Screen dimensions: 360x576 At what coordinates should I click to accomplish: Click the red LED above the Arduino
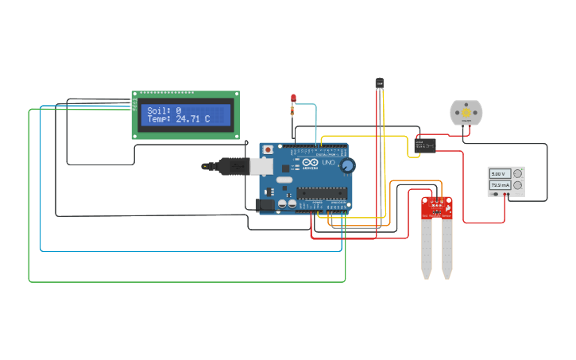pyautogui.click(x=293, y=98)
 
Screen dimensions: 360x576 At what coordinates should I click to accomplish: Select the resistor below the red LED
pyautogui.click(x=293, y=110)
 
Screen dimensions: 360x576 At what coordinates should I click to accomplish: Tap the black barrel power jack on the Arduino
pyautogui.click(x=265, y=205)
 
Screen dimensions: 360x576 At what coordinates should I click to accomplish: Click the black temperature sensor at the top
pyautogui.click(x=379, y=82)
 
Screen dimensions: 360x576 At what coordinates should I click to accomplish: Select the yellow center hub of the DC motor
pyautogui.click(x=466, y=113)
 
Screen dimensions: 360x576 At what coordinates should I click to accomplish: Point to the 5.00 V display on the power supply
pyautogui.click(x=498, y=173)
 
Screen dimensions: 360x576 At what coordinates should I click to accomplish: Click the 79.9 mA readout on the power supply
pyautogui.click(x=499, y=185)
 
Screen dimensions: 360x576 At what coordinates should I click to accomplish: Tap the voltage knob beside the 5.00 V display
pyautogui.click(x=517, y=173)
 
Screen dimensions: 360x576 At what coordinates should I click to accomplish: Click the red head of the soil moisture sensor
pyautogui.click(x=436, y=207)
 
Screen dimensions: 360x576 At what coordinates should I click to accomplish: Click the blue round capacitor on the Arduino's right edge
pyautogui.click(x=347, y=165)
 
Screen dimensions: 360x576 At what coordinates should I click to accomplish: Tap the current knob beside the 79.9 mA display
pyautogui.click(x=517, y=185)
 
